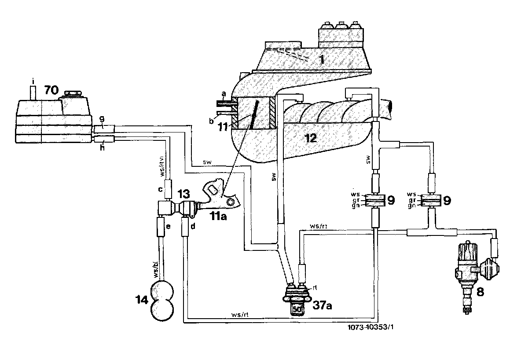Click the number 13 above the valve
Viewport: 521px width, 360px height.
coord(184,194)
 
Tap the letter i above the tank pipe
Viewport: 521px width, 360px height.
coord(33,80)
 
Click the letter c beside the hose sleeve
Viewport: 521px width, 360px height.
coord(161,190)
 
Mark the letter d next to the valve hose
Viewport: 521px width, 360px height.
coord(193,226)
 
